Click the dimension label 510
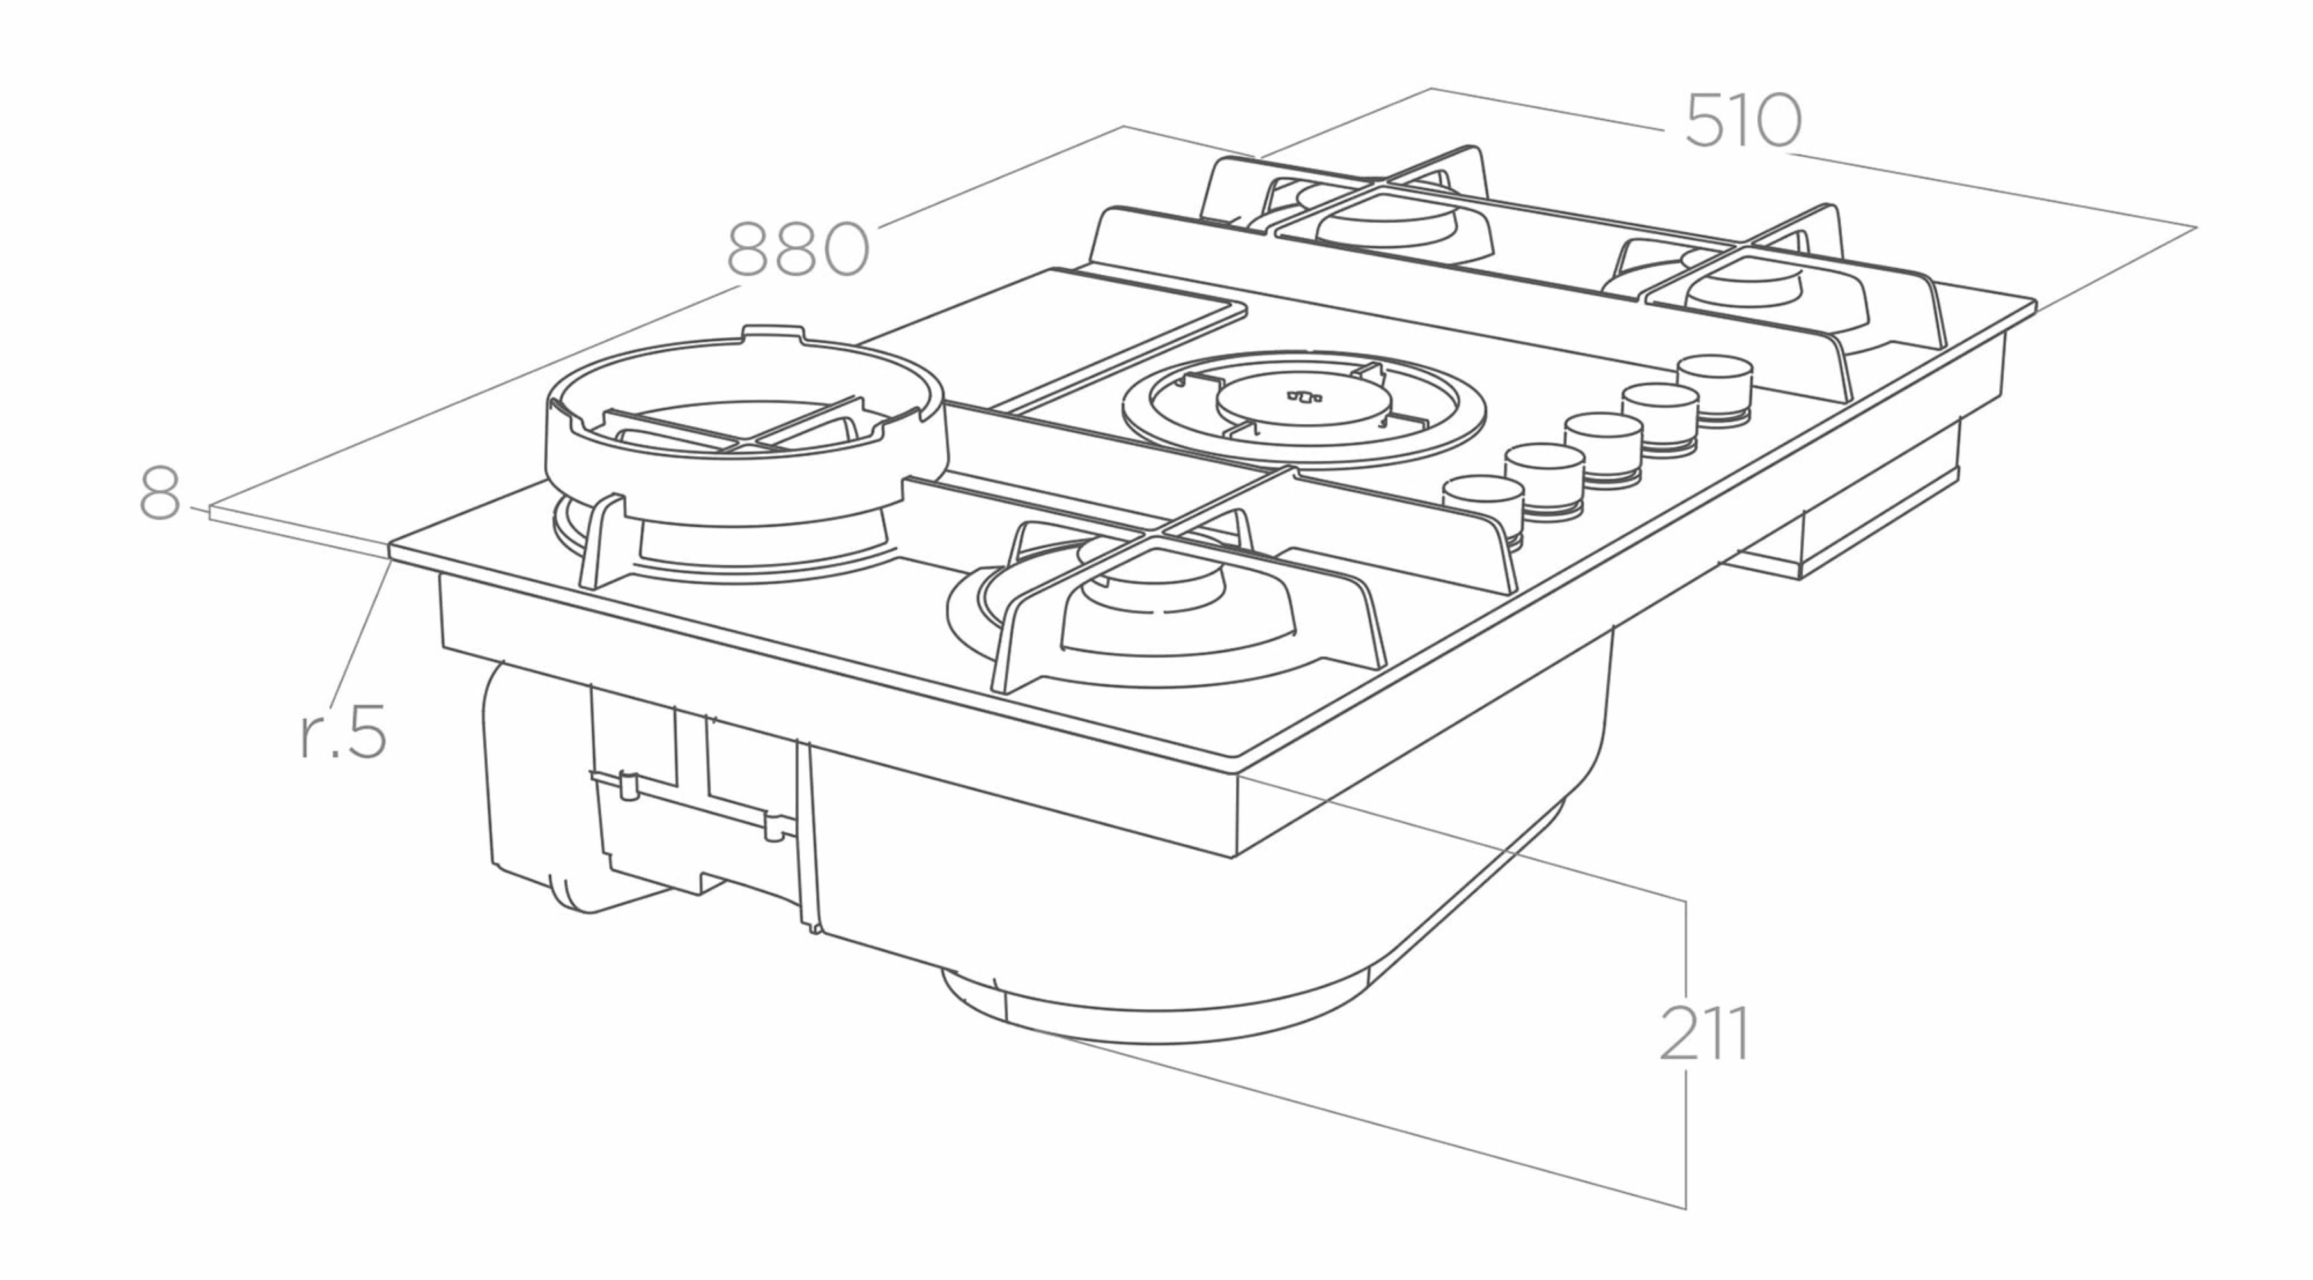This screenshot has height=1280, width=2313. [1742, 120]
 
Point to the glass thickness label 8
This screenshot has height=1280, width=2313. [160, 493]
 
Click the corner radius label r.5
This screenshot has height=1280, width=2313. [343, 732]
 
